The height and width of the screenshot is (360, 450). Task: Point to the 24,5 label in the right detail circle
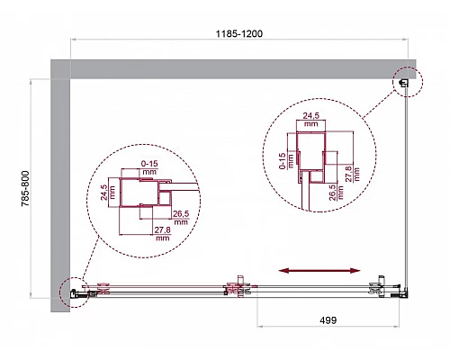click(312, 117)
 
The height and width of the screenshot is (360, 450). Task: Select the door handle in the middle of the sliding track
click(237, 288)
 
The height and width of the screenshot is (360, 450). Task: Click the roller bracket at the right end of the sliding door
click(375, 287)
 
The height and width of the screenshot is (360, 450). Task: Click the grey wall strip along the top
click(234, 68)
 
